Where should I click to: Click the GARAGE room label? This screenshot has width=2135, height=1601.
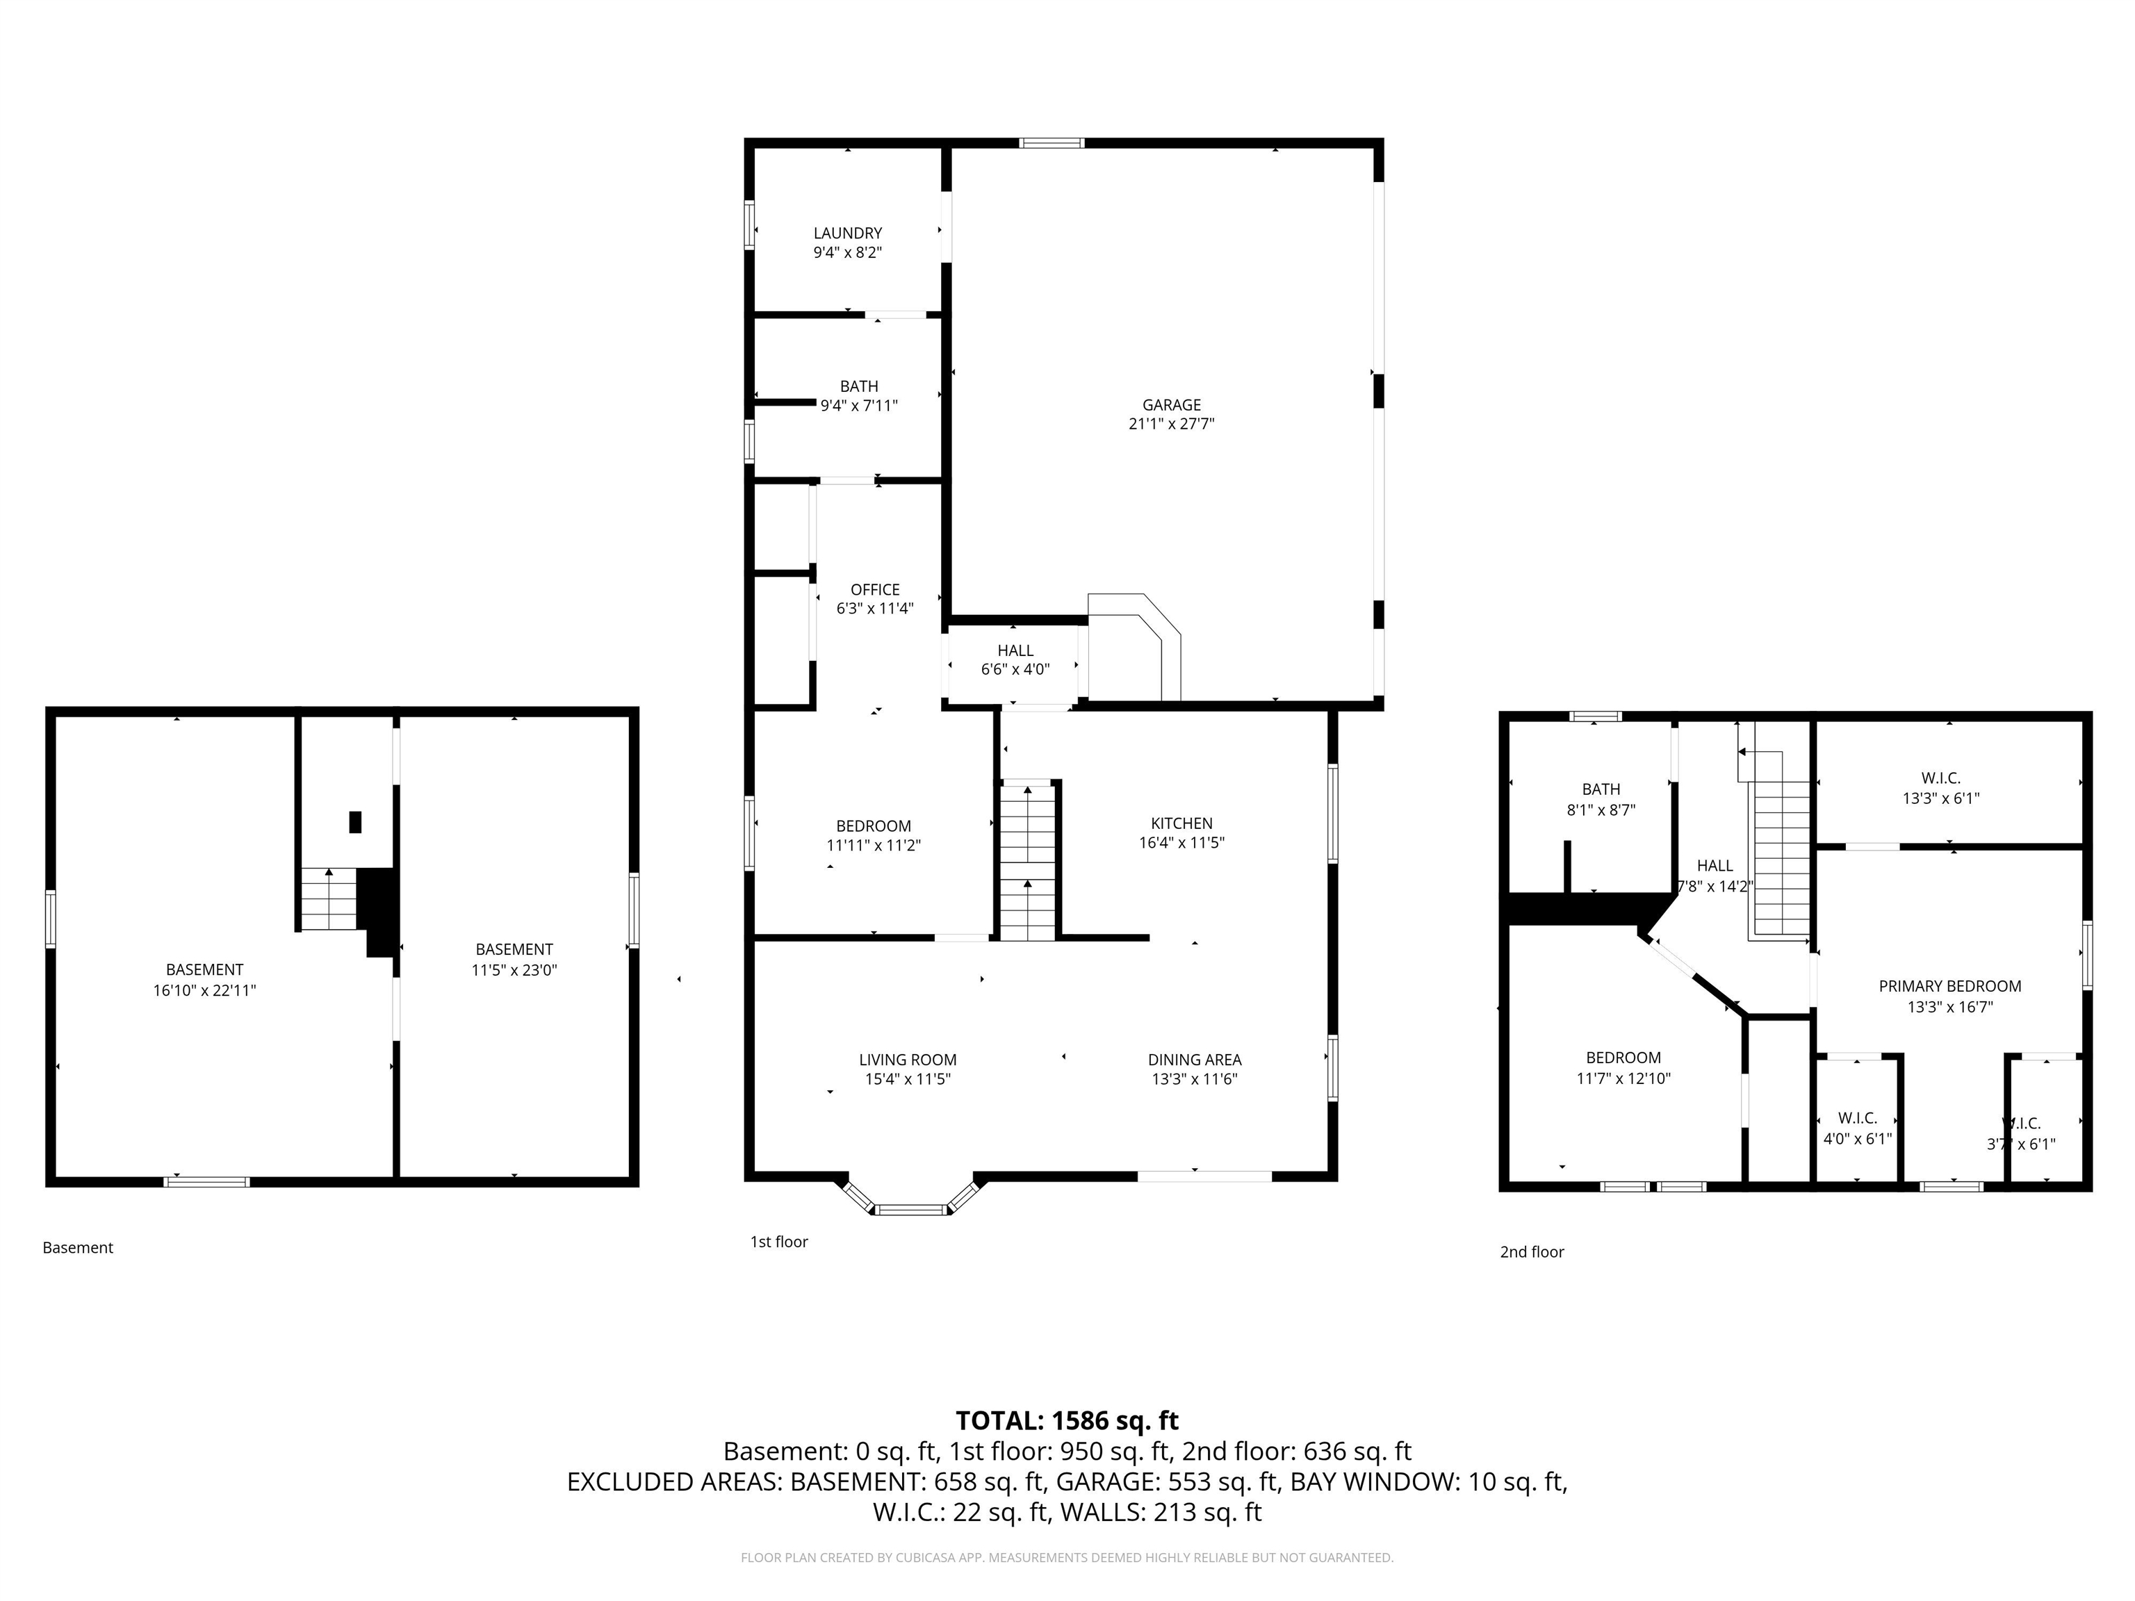coord(1171,405)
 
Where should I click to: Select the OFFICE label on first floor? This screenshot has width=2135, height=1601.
coord(874,590)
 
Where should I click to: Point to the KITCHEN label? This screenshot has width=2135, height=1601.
coord(1181,823)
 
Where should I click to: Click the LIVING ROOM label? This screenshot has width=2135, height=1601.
coord(907,1060)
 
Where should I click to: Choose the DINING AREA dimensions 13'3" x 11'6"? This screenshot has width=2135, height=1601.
coord(1194,1079)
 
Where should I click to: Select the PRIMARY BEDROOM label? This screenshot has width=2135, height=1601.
coord(1949,986)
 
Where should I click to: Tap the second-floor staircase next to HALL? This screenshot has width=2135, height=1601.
coord(1781,858)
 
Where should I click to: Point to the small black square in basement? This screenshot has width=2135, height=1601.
coord(355,822)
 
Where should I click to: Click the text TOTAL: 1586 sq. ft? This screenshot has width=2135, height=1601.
coord(1067,1420)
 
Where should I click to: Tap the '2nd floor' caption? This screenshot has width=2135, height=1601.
coord(1531,1251)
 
